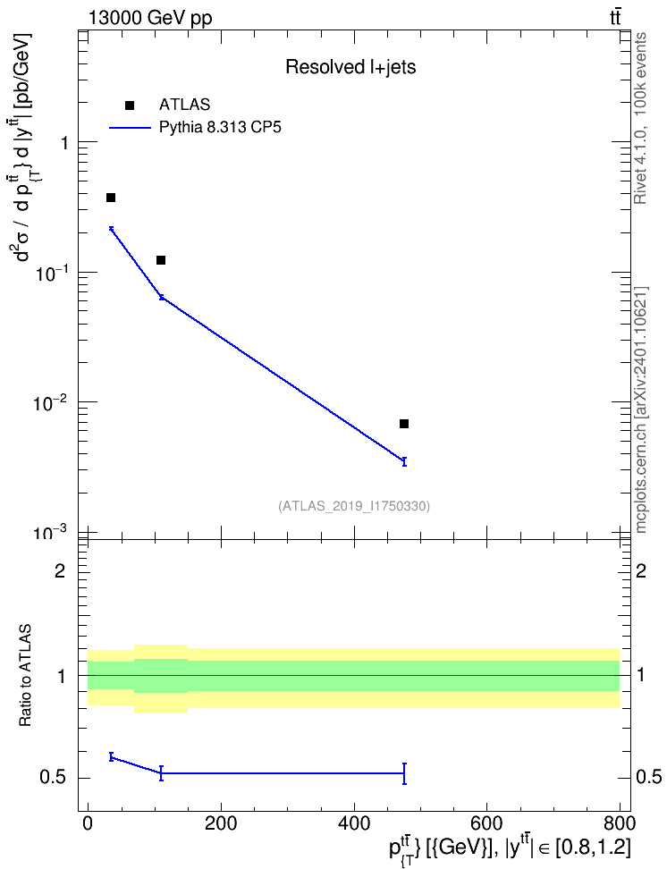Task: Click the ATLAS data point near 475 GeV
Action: [403, 424]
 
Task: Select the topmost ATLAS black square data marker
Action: [111, 198]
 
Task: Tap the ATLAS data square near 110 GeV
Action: [161, 260]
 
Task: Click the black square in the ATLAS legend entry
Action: [130, 105]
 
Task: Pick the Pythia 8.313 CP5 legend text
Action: [220, 128]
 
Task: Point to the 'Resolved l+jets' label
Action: [350, 67]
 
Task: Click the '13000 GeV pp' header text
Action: [149, 18]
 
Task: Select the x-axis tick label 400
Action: [354, 823]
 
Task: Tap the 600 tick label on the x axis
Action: [486, 823]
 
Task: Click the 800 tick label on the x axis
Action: [620, 823]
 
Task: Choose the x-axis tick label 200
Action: [221, 823]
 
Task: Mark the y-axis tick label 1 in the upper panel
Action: [64, 143]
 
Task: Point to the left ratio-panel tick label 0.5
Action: [54, 778]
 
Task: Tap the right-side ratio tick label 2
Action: [641, 570]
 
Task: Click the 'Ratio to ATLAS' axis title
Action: [25, 676]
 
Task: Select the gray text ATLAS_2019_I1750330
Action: [354, 505]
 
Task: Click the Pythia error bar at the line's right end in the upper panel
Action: [404, 461]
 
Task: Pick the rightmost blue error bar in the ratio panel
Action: [404, 773]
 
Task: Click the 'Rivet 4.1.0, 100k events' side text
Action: [640, 118]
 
